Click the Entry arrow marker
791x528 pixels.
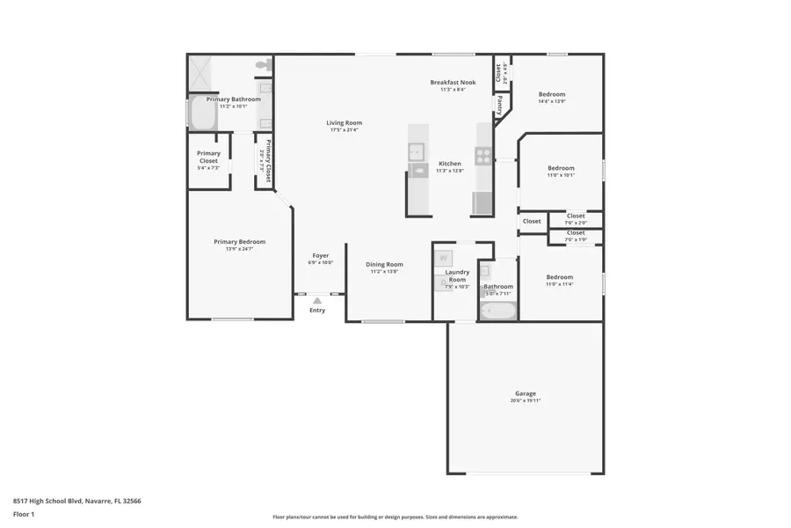click(317, 300)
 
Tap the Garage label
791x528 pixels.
click(525, 393)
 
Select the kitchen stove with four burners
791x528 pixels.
click(483, 156)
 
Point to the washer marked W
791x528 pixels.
click(443, 258)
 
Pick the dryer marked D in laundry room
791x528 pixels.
click(443, 282)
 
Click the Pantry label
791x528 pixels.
click(500, 106)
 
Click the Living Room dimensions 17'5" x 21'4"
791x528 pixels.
click(345, 130)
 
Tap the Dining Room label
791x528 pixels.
click(384, 264)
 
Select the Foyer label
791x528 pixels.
click(320, 255)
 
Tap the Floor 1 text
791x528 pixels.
click(23, 513)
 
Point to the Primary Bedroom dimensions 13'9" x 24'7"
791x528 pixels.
click(239, 249)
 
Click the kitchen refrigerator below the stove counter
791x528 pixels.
click(483, 203)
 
